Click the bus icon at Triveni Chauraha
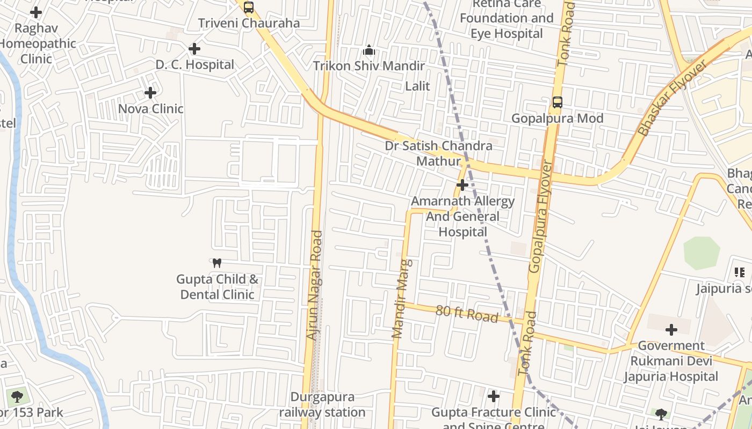tap(248, 8)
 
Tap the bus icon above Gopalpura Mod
tap(558, 102)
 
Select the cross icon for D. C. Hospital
tap(194, 49)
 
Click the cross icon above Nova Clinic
tap(150, 93)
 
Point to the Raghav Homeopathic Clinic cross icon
tap(36, 12)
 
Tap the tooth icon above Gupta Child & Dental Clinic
tap(217, 263)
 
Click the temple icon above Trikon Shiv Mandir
tap(369, 50)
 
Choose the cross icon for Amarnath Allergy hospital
tap(462, 185)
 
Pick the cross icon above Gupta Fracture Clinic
tap(494, 396)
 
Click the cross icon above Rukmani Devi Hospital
tap(671, 330)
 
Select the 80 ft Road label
tap(467, 314)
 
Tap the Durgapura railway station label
tap(322, 405)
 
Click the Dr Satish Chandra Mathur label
tap(438, 153)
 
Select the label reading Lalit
tap(417, 86)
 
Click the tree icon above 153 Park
tap(17, 397)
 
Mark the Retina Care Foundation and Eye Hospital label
tap(507, 19)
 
